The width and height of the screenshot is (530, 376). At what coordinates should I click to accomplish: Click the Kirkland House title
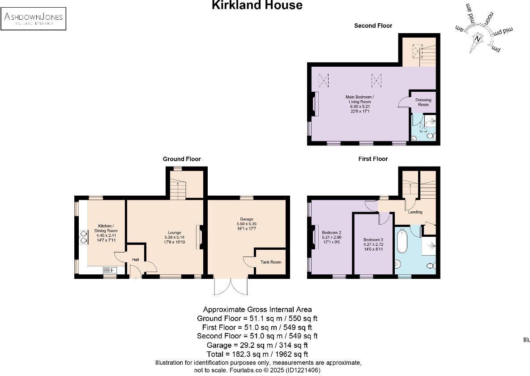(257, 5)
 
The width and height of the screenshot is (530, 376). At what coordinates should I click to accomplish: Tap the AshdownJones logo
(34, 18)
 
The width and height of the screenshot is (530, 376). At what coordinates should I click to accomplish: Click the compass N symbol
(478, 39)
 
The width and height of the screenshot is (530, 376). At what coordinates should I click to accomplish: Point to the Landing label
(415, 212)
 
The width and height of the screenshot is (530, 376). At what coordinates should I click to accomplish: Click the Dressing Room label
(423, 102)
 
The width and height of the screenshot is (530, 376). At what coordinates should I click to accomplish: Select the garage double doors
(231, 286)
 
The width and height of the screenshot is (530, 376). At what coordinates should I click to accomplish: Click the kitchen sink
(110, 269)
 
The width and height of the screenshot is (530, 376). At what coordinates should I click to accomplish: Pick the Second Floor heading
(373, 26)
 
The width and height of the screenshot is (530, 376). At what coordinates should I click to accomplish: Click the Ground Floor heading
(181, 159)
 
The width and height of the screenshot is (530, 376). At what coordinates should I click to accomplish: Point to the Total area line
(257, 354)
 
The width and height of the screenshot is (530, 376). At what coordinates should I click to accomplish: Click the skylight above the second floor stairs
(417, 51)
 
